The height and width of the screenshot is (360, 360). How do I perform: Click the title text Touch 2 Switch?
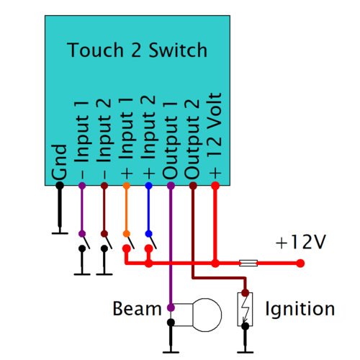click(137, 51)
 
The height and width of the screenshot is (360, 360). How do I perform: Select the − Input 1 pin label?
click(81, 140)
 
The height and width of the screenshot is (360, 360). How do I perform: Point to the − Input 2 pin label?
click(104, 140)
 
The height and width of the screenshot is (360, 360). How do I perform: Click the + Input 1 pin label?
click(126, 140)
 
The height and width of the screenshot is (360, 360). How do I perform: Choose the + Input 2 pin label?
click(148, 140)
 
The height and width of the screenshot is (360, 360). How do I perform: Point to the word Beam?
click(137, 310)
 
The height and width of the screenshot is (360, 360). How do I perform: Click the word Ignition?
click(300, 310)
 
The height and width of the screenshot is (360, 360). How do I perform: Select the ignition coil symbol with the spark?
click(246, 310)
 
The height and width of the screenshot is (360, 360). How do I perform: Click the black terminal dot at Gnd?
click(60, 186)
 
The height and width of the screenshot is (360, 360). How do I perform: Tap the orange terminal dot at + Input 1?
click(126, 186)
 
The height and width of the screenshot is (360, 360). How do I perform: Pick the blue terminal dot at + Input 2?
click(148, 186)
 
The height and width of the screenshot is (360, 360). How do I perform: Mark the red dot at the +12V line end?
click(300, 264)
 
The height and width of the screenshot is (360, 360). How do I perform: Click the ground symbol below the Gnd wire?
click(60, 232)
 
